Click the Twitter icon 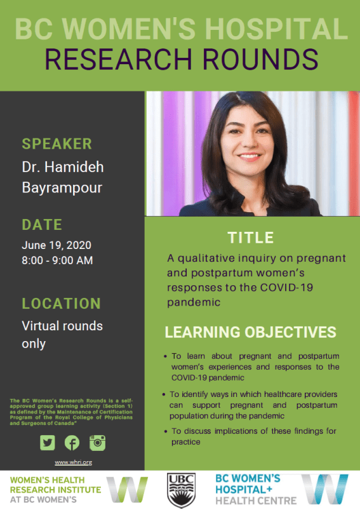tap(48, 443)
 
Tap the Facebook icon tap(72, 443)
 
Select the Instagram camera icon tap(97, 443)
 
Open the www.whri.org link tap(73, 462)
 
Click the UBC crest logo tap(181, 490)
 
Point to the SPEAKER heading tap(57, 144)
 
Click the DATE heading tap(42, 224)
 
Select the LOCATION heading tap(61, 304)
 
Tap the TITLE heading tap(250, 238)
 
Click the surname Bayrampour tap(62, 188)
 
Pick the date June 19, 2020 tap(57, 245)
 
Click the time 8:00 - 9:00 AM tap(57, 260)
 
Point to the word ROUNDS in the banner tap(260, 59)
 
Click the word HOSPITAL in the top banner tap(276, 29)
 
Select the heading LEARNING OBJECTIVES tap(250, 332)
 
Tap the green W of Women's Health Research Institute tap(127, 490)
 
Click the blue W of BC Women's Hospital tap(324, 490)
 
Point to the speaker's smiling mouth tap(249, 157)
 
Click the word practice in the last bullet tap(185, 442)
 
